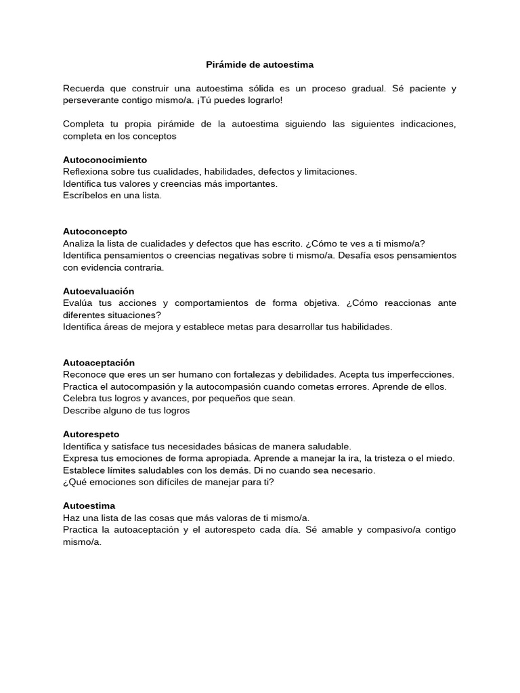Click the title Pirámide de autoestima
click(260, 65)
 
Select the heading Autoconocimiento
click(104, 160)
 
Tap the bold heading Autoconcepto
click(95, 231)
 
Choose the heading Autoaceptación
click(99, 363)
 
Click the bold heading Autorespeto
click(91, 434)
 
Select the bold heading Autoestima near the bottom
click(89, 506)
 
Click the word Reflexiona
click(86, 172)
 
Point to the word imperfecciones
click(420, 374)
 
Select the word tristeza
click(393, 458)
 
